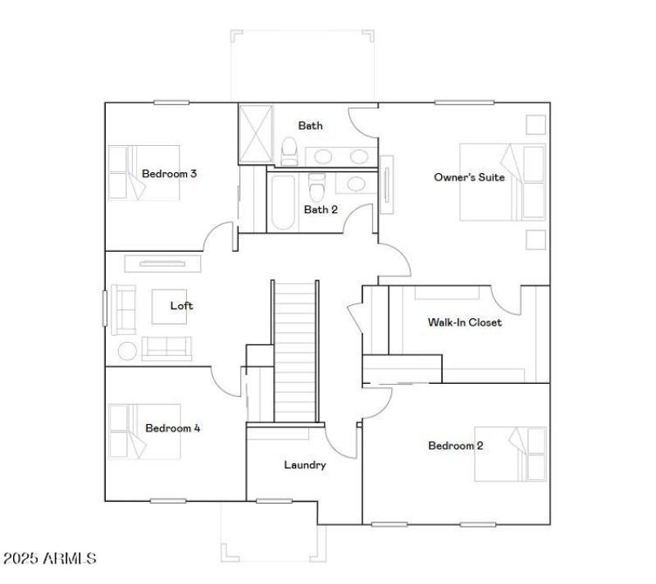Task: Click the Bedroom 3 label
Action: click(x=169, y=174)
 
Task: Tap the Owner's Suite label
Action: click(x=469, y=177)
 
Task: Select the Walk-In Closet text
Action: click(x=464, y=322)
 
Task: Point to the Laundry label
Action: click(x=305, y=465)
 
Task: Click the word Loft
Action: click(x=181, y=306)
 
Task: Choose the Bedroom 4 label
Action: click(x=172, y=428)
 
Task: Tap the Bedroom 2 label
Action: click(x=455, y=446)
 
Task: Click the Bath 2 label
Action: click(x=321, y=209)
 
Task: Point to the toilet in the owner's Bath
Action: click(x=289, y=150)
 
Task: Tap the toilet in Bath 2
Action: click(x=317, y=185)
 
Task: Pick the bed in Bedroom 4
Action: click(x=129, y=431)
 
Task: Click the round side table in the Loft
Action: click(x=128, y=351)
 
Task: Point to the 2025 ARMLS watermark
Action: click(x=49, y=559)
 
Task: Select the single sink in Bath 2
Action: click(x=356, y=184)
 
